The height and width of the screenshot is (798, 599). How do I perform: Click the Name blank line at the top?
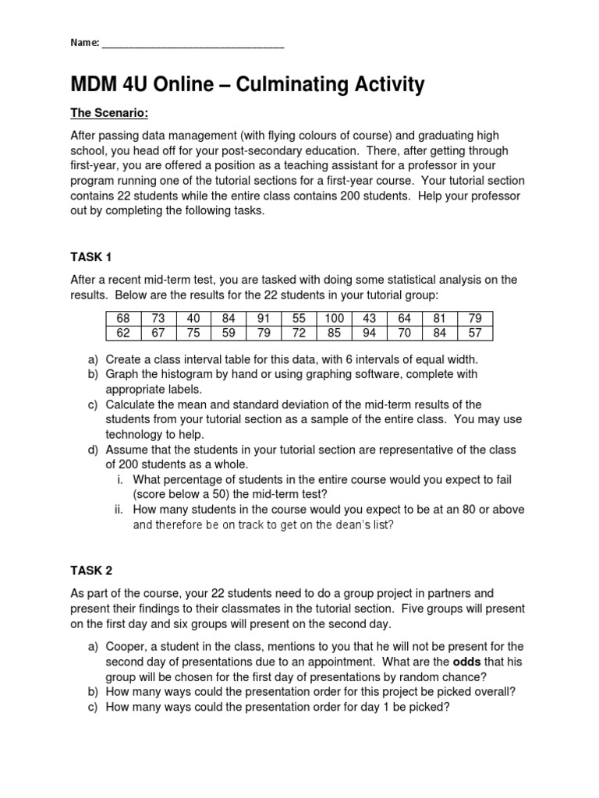point(193,45)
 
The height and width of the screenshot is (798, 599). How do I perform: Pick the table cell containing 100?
point(334,318)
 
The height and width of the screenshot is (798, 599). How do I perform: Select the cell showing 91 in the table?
point(263,318)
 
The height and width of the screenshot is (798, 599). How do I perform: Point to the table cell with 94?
point(369,333)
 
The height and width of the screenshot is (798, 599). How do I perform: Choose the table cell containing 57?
point(475,333)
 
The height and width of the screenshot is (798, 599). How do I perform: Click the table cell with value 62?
point(122,333)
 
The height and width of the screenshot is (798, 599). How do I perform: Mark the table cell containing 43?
point(369,318)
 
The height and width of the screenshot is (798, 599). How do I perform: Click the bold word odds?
point(469,661)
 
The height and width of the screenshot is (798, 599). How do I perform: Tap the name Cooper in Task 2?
point(126,646)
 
